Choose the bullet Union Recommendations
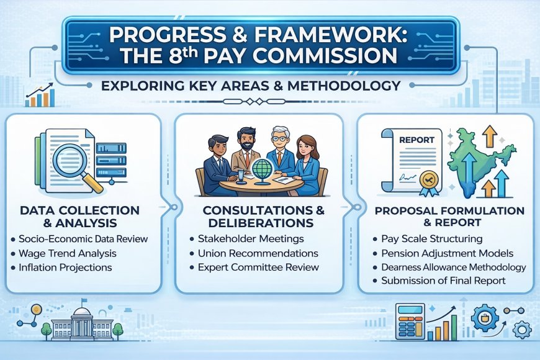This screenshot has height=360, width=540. tap(253, 253)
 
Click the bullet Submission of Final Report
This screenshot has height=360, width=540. tap(443, 281)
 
